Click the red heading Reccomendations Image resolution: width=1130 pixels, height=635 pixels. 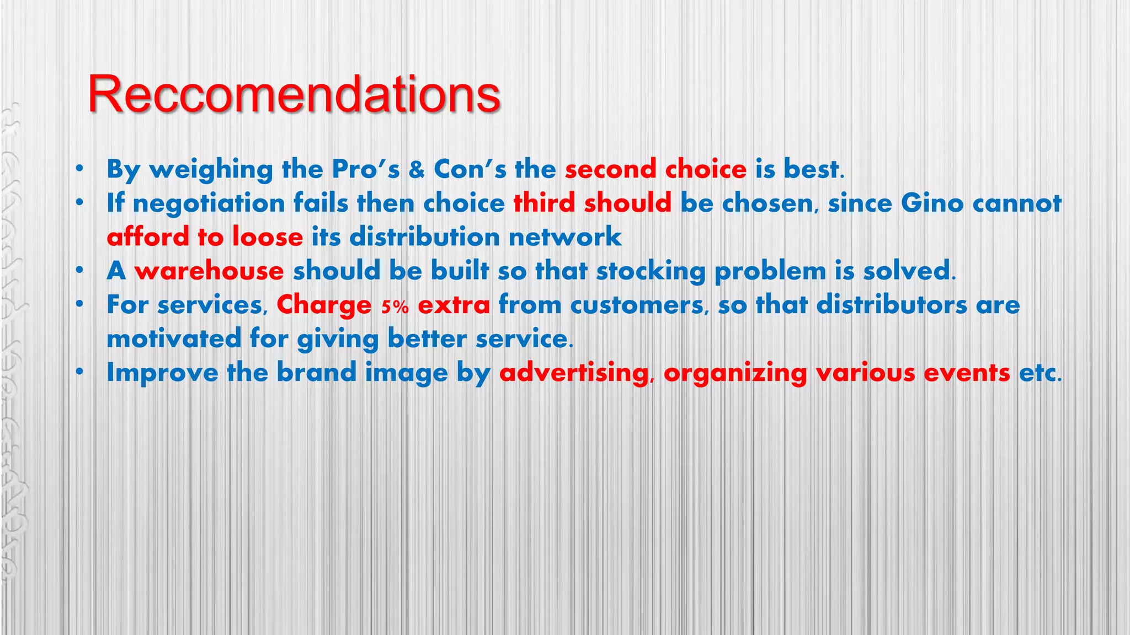tap(294, 94)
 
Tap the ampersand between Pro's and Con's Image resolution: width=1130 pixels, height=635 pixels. tap(417, 170)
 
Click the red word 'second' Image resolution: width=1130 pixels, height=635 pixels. tap(610, 169)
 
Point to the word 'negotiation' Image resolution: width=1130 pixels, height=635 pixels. tap(209, 204)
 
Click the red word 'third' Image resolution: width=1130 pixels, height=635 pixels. tap(544, 203)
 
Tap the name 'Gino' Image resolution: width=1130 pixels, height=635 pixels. tap(932, 203)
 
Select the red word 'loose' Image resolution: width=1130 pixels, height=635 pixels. tap(268, 237)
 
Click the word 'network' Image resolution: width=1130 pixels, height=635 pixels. tap(565, 237)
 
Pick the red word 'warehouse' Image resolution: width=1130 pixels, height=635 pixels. tap(209, 271)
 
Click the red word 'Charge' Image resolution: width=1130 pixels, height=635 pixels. tap(324, 305)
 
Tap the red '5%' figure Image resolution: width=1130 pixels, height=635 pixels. tap(395, 306)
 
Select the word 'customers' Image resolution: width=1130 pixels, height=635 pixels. tap(637, 305)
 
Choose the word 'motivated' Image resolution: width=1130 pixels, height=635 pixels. tap(174, 338)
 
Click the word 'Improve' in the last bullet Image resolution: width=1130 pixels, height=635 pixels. tap(162, 373)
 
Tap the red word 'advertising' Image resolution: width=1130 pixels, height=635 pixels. tap(574, 373)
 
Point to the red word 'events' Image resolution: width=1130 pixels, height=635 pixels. tap(967, 373)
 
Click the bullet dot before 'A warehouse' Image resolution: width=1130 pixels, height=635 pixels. tap(80, 271)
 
